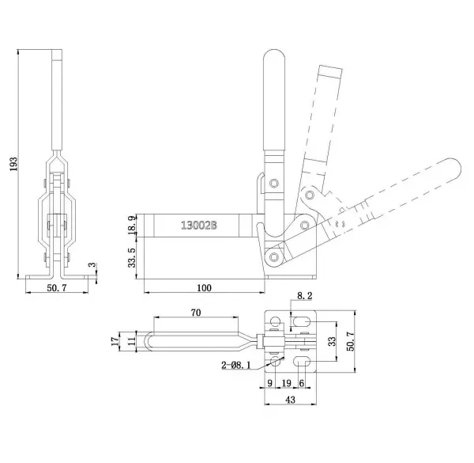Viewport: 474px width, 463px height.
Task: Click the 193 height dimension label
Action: coord(14,164)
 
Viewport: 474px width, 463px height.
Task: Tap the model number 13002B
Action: coord(198,226)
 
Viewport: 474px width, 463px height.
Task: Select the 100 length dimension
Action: coord(204,287)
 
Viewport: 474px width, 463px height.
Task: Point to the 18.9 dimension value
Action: coord(132,226)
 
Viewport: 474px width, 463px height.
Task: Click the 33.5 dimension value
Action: coord(132,258)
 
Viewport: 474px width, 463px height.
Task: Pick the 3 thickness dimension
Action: coord(93,264)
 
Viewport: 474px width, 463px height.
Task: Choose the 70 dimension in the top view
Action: coord(196,312)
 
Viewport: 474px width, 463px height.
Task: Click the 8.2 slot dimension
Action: coord(304,295)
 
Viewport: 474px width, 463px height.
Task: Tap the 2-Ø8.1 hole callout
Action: coord(235,365)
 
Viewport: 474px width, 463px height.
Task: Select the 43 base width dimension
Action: coord(290,400)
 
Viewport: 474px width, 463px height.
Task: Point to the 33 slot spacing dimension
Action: coord(332,341)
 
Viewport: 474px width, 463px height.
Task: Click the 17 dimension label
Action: coord(115,341)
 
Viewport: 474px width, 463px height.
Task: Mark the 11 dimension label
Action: coord(132,341)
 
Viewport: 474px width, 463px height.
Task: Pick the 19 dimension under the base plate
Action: coord(286,383)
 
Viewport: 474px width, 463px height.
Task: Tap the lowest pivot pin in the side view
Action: coord(274,256)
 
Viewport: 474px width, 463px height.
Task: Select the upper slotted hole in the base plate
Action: coord(302,321)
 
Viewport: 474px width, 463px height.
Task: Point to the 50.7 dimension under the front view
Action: coord(57,287)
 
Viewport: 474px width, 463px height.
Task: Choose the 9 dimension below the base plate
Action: coord(270,383)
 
